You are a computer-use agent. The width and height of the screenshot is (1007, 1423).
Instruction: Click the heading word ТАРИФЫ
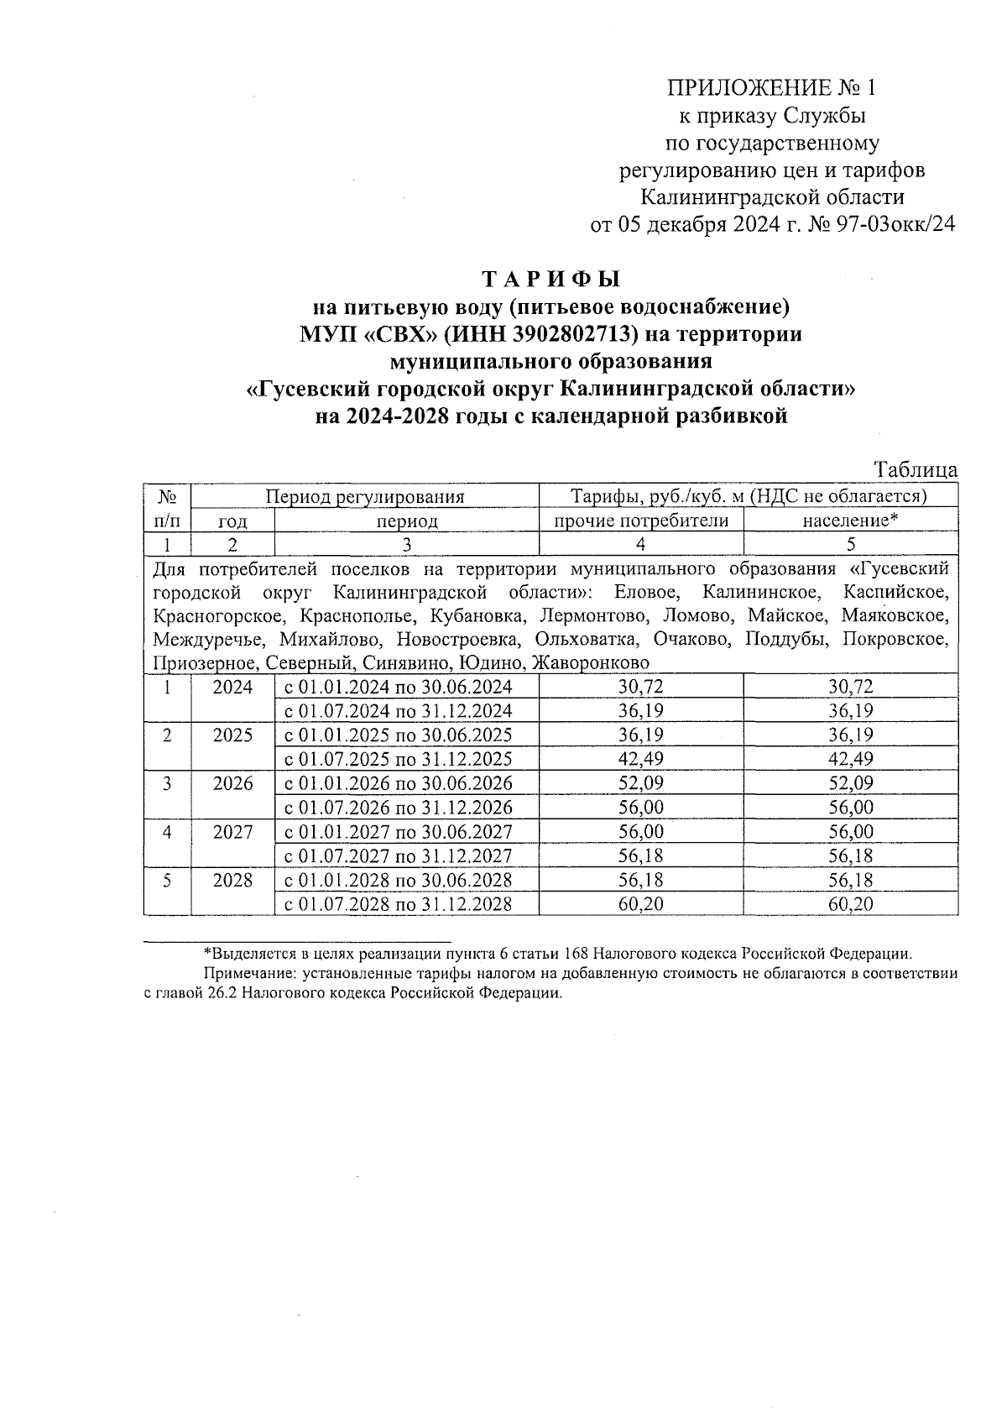click(551, 278)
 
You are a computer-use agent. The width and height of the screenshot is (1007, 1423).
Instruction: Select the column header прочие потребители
click(640, 521)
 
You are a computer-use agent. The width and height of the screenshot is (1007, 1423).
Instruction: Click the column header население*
click(850, 521)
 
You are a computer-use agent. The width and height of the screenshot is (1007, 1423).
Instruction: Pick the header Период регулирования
click(365, 496)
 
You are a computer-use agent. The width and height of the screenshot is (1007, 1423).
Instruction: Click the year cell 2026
click(232, 783)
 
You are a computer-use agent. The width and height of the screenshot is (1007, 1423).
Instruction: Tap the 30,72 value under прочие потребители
click(640, 687)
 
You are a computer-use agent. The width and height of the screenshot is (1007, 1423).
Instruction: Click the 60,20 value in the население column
click(851, 904)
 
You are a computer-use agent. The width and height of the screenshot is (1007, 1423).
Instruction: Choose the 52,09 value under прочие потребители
click(640, 783)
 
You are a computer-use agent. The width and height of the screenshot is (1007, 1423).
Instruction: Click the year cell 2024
click(232, 687)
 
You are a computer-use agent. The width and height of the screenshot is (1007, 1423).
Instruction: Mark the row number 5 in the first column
click(167, 880)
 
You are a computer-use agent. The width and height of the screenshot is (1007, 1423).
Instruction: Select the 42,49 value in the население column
click(851, 759)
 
